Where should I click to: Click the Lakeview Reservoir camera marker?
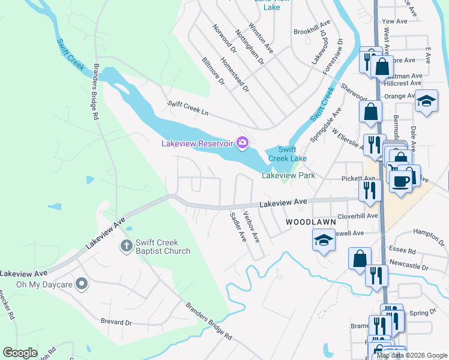tap(243, 142)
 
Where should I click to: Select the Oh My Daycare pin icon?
tap(82, 283)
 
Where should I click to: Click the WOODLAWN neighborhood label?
tap(306, 222)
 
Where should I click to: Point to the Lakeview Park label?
tap(288, 176)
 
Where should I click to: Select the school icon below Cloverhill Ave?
tap(324, 241)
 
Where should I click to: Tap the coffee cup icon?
tap(400, 180)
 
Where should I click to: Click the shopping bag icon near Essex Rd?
tap(360, 259)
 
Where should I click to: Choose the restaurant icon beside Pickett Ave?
tap(370, 190)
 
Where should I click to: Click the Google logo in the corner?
tap(20, 353)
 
